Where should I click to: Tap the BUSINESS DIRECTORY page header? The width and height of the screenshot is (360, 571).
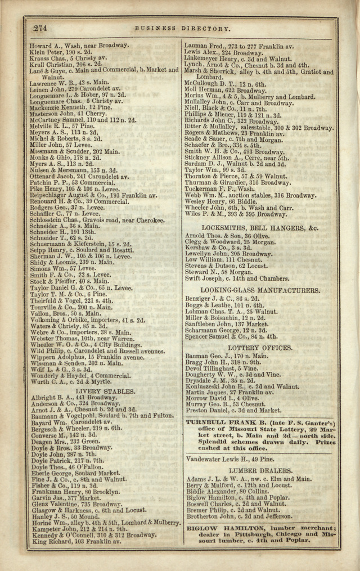(x=182, y=28)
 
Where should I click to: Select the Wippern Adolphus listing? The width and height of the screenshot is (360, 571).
(x=87, y=357)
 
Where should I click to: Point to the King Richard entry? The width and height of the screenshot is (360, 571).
(x=76, y=541)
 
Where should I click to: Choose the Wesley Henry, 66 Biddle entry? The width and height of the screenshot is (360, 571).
(x=220, y=201)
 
